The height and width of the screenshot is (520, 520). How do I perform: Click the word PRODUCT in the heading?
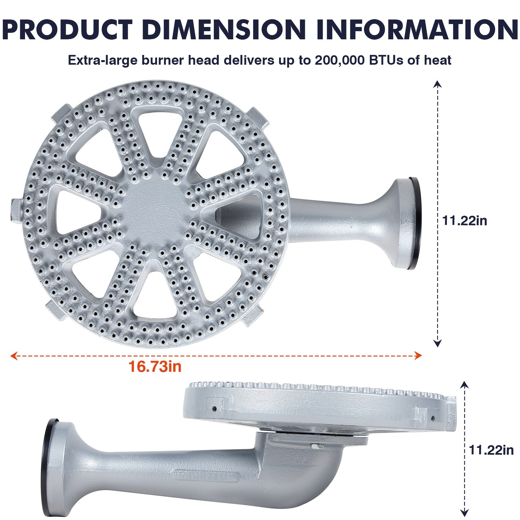point(67,30)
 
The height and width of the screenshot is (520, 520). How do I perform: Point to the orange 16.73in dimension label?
point(155,367)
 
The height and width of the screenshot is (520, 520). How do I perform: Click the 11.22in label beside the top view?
point(465,221)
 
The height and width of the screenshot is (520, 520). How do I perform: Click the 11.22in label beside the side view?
point(491,450)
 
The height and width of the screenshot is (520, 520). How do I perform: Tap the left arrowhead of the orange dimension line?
point(14,356)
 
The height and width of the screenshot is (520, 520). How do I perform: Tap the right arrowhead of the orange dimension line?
point(418,356)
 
